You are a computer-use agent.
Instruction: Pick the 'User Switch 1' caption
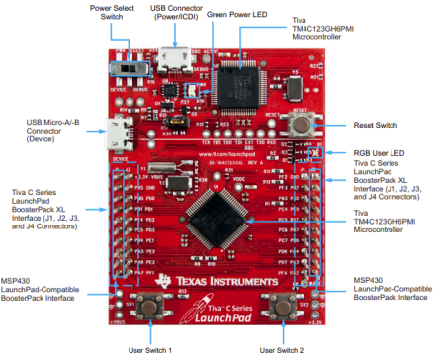148,350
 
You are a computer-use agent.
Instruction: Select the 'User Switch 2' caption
283,350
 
